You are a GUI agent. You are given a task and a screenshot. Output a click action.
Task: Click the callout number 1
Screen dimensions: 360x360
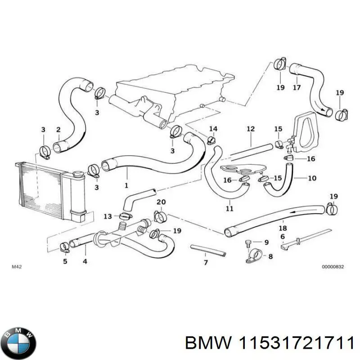(x=126, y=185)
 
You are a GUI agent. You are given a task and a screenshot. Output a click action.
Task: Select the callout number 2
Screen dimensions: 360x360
(x=58, y=130)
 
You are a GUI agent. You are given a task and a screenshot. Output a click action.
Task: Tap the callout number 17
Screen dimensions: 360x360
(x=297, y=88)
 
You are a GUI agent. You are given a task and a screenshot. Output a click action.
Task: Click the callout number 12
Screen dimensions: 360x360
(x=250, y=129)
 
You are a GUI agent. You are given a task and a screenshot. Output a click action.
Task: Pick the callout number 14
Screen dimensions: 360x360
(x=213, y=129)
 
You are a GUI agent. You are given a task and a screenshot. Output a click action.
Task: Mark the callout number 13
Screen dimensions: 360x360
(x=108, y=216)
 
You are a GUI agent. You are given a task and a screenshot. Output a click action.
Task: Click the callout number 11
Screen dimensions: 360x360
(x=229, y=208)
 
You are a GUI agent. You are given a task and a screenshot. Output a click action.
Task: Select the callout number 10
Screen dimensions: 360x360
(x=312, y=178)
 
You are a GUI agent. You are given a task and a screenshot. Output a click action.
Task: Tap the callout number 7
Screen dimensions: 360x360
(x=206, y=262)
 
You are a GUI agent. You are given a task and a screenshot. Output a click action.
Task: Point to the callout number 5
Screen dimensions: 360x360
(x=65, y=261)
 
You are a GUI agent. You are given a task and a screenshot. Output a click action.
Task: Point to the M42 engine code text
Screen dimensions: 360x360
(x=16, y=267)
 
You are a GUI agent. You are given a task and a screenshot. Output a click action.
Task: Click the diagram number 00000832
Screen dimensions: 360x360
(x=333, y=267)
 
